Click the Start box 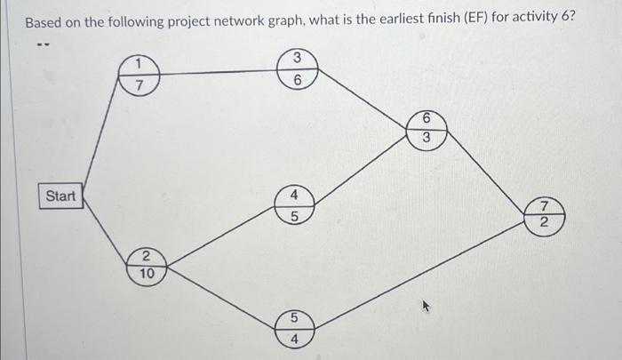tap(60, 196)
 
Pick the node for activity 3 tap(298, 68)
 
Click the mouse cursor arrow tap(427, 308)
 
